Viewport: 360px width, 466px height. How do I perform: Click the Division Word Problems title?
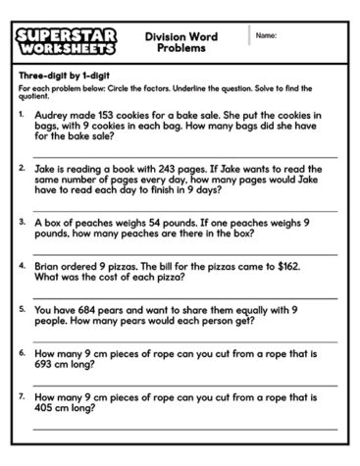click(180, 41)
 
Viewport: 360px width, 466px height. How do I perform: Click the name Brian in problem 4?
click(48, 265)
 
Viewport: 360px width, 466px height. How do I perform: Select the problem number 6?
click(22, 351)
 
